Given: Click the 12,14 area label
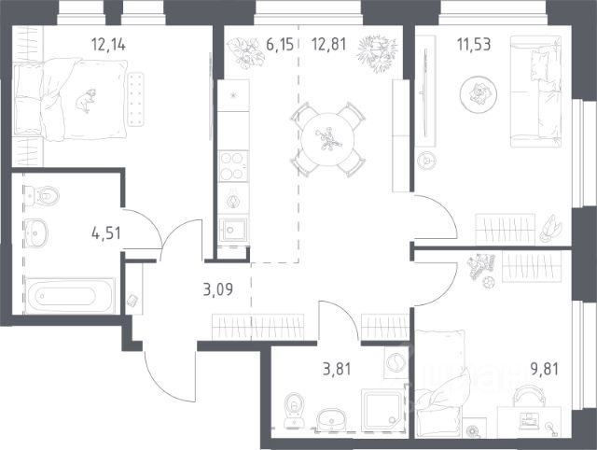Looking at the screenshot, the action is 108,45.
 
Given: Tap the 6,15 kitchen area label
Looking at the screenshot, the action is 280,44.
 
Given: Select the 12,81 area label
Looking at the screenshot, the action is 329,44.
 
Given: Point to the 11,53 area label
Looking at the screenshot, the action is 474,44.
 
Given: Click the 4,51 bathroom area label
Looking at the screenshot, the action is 106,232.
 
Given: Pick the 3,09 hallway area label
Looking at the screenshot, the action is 218,289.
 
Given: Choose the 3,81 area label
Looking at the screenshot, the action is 337,369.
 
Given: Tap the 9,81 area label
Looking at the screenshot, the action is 545,369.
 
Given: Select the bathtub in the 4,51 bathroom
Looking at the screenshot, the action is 70,296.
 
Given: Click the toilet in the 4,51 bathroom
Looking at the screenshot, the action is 42,196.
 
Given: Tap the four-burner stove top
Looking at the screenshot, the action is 233,166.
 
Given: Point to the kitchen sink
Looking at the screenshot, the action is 233,230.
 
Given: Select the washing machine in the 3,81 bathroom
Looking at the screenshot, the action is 396,362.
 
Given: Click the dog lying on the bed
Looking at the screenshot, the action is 86,101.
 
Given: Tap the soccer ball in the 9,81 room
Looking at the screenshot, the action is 489,282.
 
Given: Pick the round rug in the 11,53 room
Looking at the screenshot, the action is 479,94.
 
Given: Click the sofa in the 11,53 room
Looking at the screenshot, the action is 535,91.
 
